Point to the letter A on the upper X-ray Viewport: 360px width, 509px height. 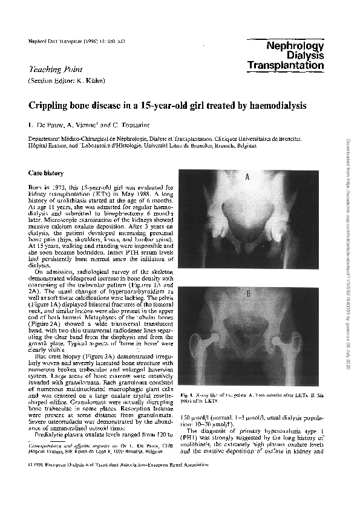pyautogui.click(x=247, y=178)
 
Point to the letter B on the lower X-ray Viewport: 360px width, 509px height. pyautogui.click(x=247, y=294)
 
